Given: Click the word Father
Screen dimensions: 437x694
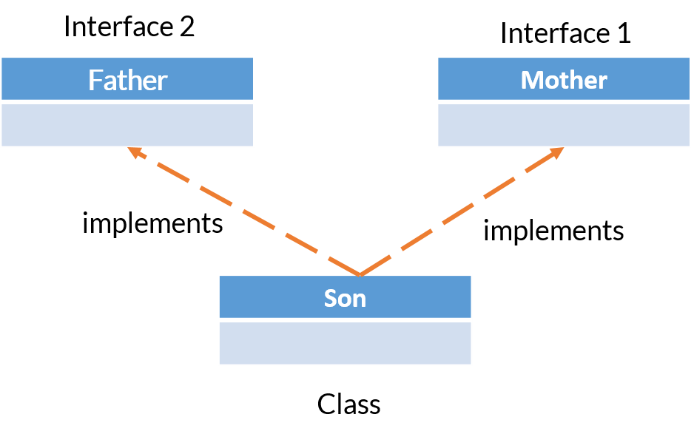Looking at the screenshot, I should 127,80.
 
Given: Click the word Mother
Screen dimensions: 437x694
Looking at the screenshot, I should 564,80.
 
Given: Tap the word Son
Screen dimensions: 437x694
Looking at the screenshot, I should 345,298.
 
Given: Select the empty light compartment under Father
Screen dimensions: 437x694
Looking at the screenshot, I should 127,125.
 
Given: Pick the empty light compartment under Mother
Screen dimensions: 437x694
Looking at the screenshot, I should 564,125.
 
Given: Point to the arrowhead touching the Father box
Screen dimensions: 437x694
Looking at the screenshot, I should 134,152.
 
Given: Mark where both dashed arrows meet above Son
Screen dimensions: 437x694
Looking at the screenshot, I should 360,274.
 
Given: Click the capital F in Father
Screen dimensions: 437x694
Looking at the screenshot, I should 95,80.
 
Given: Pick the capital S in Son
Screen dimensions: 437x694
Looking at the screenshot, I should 331,298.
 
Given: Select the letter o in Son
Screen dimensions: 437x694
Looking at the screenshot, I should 345,299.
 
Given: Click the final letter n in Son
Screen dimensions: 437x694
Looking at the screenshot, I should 359,299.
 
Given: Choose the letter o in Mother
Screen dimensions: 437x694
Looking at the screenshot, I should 552,81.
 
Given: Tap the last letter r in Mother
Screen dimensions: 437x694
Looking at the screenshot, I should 603,81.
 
